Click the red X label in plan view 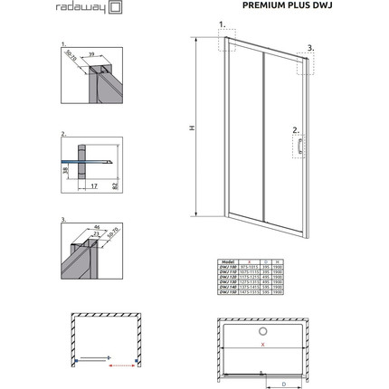pyautogui.click(x=263, y=345)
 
